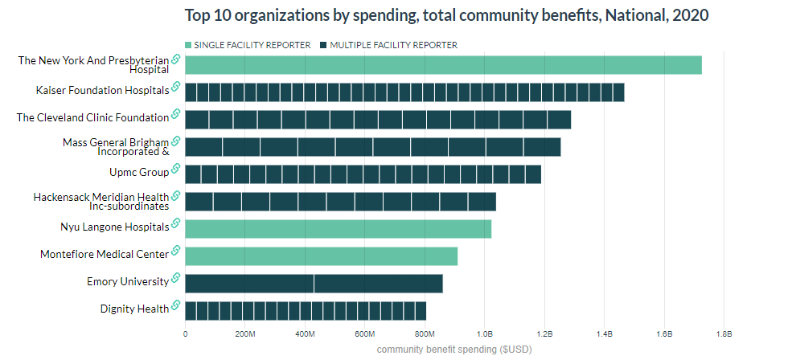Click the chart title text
coord(447,15)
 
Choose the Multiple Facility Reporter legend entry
coord(393,45)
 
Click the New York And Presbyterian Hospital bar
coord(443,65)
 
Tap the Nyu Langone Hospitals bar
coord(338,228)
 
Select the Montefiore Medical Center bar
coord(321,256)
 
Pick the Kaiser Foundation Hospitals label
coord(102,90)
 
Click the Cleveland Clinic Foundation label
coord(92,117)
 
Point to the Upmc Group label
coord(139,172)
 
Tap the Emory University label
coord(128,281)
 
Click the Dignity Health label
coord(134,309)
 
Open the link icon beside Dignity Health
coord(176,308)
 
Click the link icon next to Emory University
coord(176,280)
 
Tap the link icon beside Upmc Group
coord(176,171)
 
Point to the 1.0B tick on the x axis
coord(484,333)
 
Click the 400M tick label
coord(305,333)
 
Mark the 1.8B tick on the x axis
coord(723,333)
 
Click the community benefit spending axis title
coord(454,350)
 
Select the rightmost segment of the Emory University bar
coord(378,284)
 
